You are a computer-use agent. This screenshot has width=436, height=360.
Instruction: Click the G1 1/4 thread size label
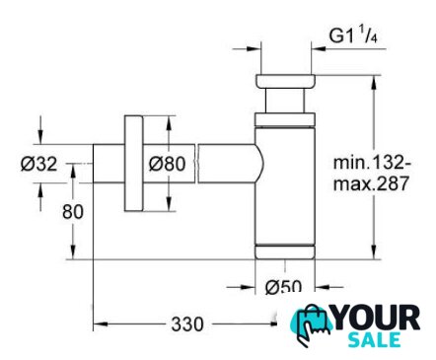pyautogui.click(x=353, y=36)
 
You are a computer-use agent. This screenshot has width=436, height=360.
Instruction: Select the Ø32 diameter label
pyautogui.click(x=38, y=164)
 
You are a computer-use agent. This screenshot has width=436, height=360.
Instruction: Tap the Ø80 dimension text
pyautogui.click(x=167, y=164)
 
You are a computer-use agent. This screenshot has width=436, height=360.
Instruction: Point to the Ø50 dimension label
pyautogui.click(x=283, y=287)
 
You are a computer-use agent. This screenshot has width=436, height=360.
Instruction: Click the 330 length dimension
pyautogui.click(x=187, y=324)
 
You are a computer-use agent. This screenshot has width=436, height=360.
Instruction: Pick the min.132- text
pyautogui.click(x=372, y=163)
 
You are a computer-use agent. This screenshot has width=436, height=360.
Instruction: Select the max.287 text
pyautogui.click(x=371, y=183)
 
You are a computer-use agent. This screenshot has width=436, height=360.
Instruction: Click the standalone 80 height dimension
pyautogui.click(x=73, y=212)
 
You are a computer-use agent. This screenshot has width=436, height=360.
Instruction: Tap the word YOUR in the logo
pyautogui.click(x=377, y=319)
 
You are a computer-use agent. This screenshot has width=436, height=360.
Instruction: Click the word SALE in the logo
pyautogui.click(x=374, y=340)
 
